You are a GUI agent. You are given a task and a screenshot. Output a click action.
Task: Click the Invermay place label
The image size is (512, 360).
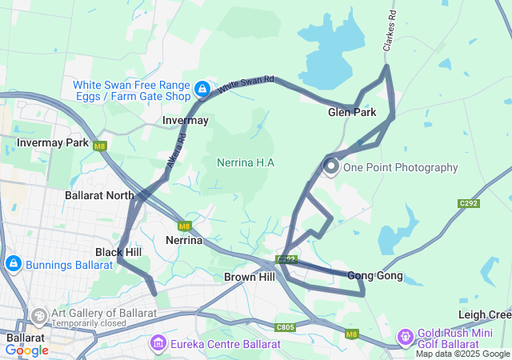pos(185,120)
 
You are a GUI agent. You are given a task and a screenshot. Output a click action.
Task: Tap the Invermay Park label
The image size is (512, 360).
pos(54,142)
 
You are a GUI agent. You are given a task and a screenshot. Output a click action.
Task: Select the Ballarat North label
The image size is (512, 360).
pos(99,195)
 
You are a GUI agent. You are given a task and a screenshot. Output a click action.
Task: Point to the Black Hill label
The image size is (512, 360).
pos(118,251)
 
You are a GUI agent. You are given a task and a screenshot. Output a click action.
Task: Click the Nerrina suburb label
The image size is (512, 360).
pos(183,240)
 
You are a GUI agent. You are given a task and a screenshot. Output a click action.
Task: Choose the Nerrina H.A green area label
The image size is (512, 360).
pos(246,162)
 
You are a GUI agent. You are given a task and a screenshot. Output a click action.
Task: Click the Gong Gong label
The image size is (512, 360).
pos(374,275)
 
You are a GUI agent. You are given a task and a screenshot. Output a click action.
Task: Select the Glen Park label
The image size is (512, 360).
pos(352,112)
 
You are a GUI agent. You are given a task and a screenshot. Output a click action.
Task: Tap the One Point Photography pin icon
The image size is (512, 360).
pos(331,166)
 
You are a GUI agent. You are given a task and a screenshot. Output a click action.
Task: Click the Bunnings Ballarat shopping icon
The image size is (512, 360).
pos(13,263)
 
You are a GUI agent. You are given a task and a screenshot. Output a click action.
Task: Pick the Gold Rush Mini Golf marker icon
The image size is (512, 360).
pos(406,335)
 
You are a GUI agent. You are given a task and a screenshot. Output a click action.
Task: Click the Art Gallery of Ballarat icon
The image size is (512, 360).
pos(38,317)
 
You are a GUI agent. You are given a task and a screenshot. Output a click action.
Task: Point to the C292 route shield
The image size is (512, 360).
pos(469,203)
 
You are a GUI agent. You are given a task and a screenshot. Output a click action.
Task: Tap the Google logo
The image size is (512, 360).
pos(26,350)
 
